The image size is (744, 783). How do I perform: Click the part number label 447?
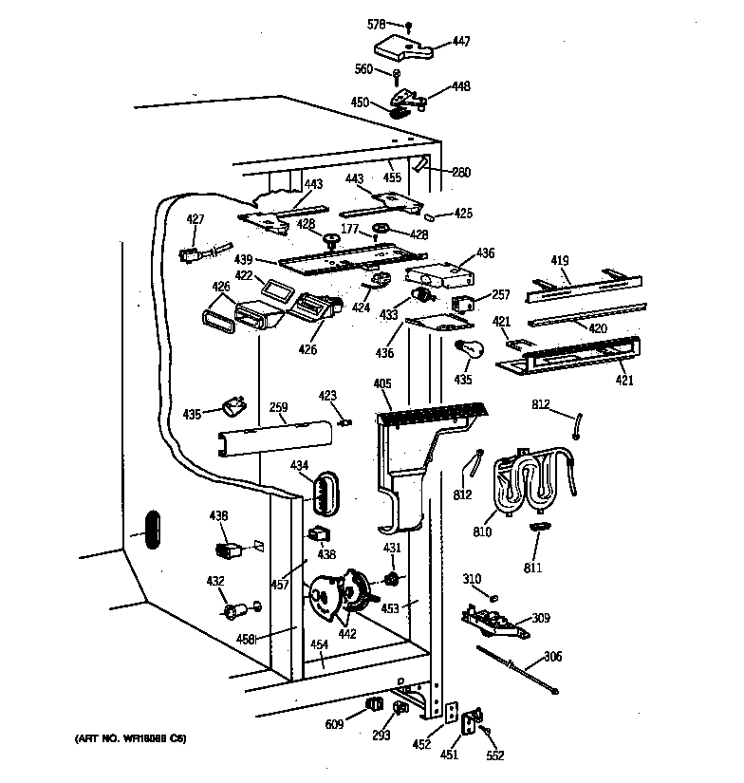tap(460, 41)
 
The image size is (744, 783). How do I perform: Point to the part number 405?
tap(382, 384)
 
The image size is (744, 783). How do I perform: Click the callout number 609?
tap(333, 724)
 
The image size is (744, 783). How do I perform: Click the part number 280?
tap(461, 172)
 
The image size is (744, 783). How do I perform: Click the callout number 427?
tap(195, 219)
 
